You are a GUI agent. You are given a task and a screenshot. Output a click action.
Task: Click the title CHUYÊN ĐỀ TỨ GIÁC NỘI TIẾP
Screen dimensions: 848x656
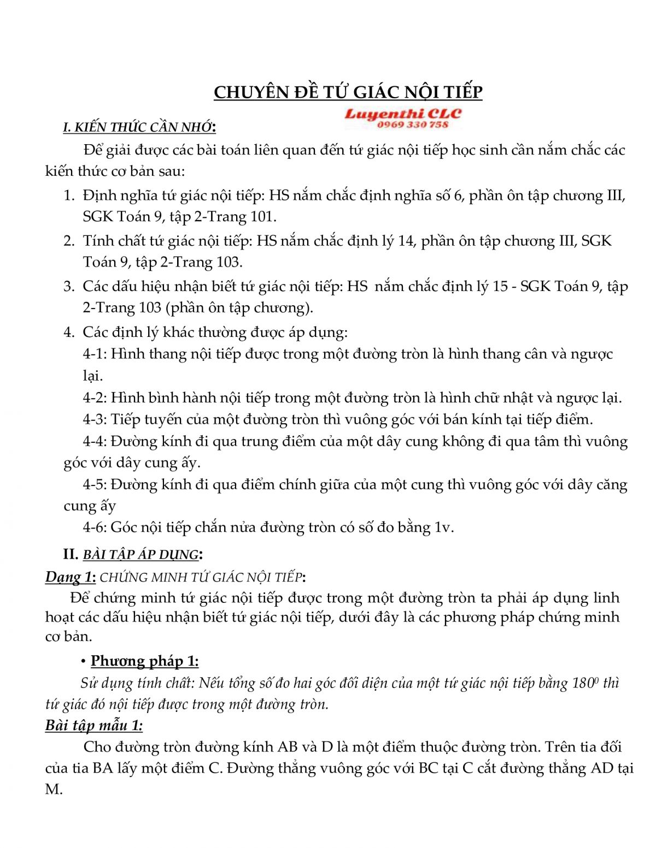(348, 92)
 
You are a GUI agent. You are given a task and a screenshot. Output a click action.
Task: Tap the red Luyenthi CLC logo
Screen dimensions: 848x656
(403, 114)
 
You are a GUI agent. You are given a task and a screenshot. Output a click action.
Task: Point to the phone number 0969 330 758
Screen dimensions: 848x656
(413, 125)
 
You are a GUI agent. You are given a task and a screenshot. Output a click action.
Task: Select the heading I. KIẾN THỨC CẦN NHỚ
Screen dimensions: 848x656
(139, 127)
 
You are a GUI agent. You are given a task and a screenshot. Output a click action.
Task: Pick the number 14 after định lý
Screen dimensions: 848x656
(406, 241)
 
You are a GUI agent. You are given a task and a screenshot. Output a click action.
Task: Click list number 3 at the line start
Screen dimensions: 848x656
(68, 286)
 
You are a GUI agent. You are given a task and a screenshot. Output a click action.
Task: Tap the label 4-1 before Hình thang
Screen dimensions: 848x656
(95, 354)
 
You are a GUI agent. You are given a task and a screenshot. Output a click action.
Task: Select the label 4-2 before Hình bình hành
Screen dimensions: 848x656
(95, 398)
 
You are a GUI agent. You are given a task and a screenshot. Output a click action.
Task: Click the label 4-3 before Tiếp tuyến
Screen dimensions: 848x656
(95, 419)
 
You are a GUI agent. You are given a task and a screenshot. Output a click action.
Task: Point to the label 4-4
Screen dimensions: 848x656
(95, 441)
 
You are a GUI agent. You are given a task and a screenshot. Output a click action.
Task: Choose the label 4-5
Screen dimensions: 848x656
(95, 484)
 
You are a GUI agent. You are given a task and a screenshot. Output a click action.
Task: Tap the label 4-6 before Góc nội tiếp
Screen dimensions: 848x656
(95, 527)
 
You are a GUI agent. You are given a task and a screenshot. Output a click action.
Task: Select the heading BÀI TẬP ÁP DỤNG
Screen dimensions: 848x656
(140, 555)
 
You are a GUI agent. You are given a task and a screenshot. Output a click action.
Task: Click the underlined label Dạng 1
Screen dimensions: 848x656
(71, 577)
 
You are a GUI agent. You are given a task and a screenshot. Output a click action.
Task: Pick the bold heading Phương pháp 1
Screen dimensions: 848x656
(144, 661)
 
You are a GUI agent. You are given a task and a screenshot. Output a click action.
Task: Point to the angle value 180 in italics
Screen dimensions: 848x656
(583, 683)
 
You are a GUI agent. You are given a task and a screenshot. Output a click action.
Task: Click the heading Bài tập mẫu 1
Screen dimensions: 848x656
(94, 726)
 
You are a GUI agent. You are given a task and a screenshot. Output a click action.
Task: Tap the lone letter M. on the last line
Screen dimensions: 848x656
(54, 790)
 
